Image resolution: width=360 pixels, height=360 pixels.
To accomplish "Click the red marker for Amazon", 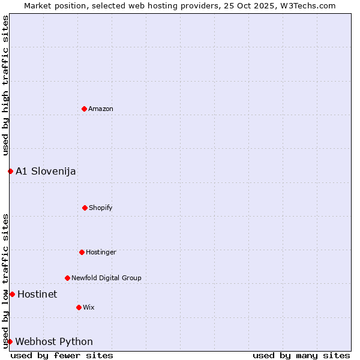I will point(84,109).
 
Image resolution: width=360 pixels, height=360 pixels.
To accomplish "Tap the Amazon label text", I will point(101,109).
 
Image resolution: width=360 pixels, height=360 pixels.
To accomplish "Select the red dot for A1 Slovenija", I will point(10,171).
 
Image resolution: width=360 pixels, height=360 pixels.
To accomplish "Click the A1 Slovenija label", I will point(46,172).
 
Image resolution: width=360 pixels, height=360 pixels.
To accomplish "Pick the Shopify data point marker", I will point(85,208).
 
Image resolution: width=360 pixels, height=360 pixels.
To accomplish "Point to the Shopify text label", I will point(101,208).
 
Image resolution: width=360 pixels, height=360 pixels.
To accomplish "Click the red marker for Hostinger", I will point(82,252).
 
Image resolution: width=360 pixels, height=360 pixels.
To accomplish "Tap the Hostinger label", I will point(101,253).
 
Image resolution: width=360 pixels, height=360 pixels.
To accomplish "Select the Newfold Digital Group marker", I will point(67,278).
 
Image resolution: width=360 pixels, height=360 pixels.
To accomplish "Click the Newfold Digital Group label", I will point(106,278).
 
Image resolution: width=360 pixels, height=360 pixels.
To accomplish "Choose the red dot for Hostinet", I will point(12,294).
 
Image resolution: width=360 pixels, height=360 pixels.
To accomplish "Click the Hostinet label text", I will point(37,295).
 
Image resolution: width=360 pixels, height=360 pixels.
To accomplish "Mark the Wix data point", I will point(79,307).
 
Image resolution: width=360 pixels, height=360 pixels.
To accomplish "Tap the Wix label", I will point(89,308).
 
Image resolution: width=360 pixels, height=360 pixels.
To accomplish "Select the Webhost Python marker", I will point(10,341).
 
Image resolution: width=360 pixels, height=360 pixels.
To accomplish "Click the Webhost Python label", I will point(54,342).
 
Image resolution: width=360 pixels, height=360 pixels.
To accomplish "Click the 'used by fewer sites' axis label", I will point(62,355).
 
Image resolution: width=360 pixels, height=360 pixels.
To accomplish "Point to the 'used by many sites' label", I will point(301,355).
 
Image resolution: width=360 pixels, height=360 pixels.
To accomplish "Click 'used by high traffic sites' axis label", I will point(5,86).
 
